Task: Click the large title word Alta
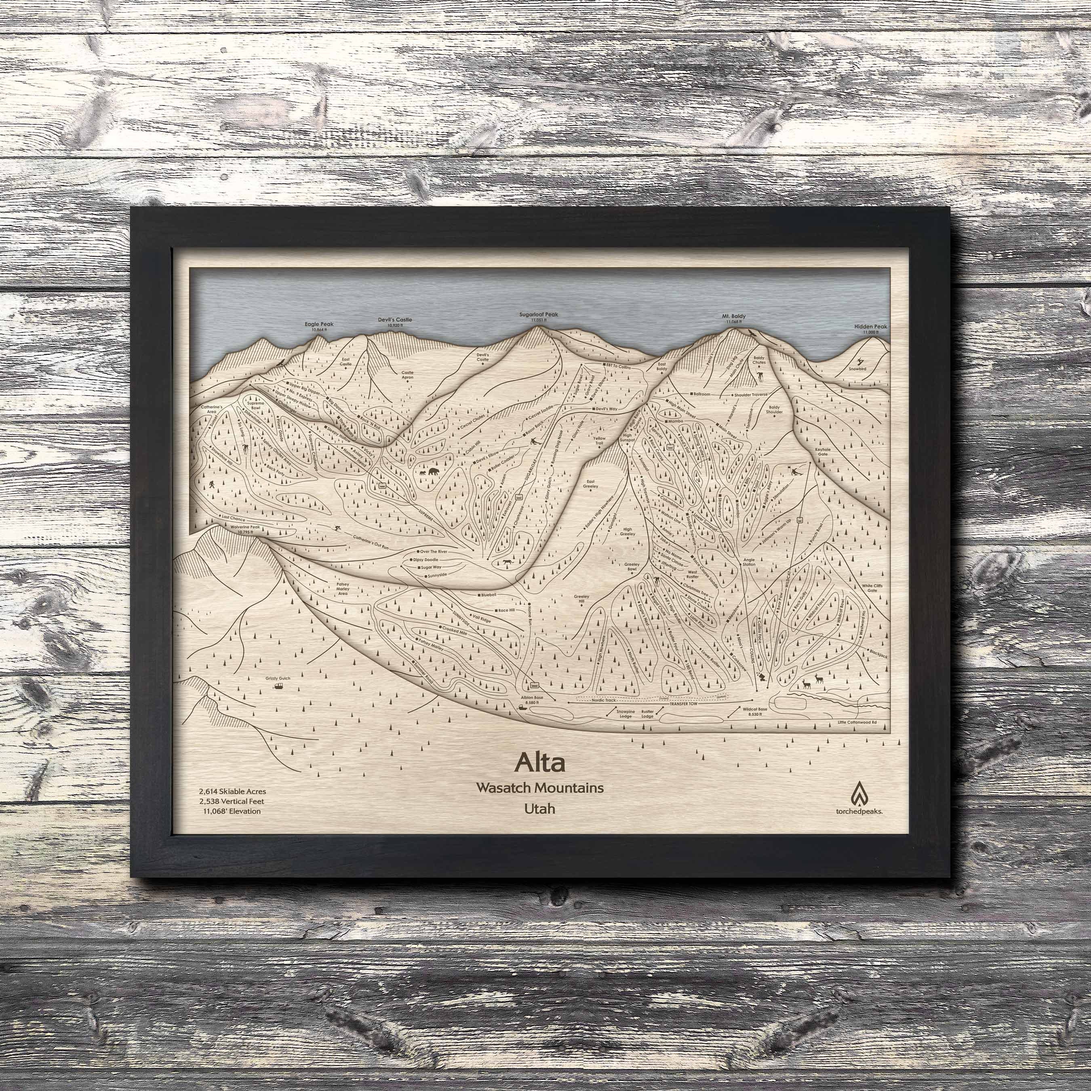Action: [x=539, y=763]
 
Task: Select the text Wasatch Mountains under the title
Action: [x=539, y=787]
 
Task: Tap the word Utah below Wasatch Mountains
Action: [x=539, y=808]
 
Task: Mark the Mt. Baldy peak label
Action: [x=733, y=318]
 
